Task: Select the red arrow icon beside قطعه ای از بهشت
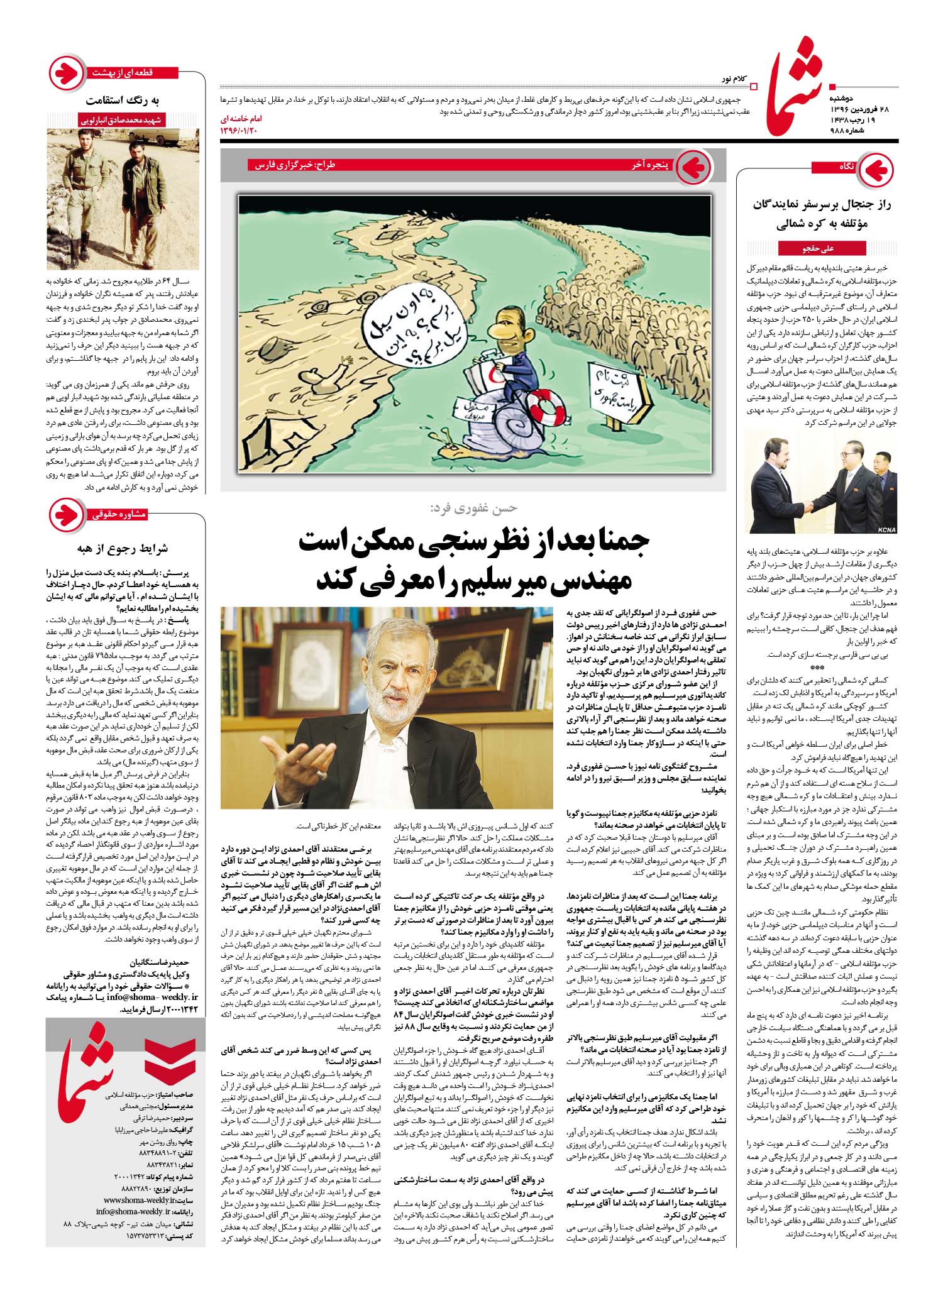pyautogui.click(x=66, y=74)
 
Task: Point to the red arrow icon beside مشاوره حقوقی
pyautogui.click(x=66, y=514)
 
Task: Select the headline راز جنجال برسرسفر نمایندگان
pyautogui.click(x=823, y=204)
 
